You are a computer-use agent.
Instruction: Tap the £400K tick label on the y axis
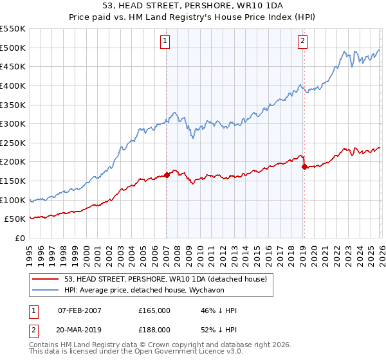(13, 85)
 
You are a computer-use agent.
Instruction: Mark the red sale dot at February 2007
(167, 174)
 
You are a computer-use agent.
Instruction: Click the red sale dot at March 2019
(304, 166)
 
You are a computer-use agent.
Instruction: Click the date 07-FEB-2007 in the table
(80, 310)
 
